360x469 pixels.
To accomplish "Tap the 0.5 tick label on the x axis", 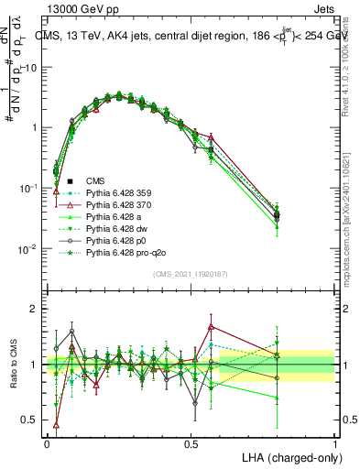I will [191, 442].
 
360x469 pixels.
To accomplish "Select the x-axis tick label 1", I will [334, 442].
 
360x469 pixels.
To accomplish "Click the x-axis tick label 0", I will [47, 442].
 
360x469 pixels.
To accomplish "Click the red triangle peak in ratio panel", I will [211, 326].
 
